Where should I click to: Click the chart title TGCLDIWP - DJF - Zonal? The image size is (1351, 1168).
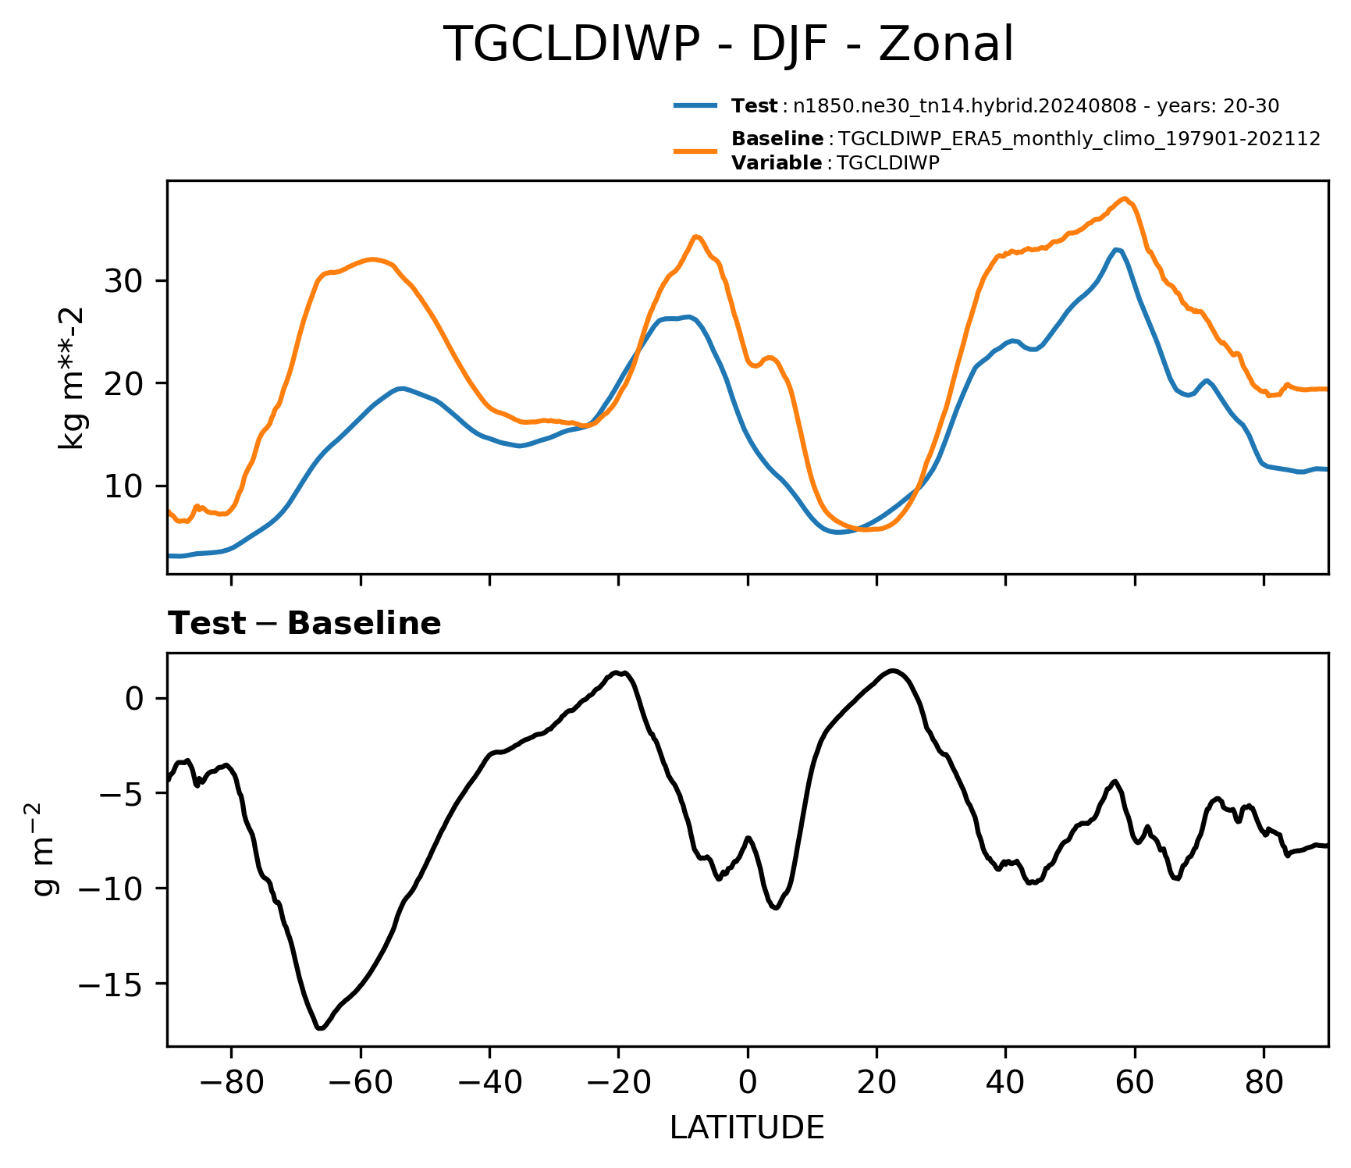click(x=728, y=45)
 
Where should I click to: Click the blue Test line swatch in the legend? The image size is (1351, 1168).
click(x=695, y=105)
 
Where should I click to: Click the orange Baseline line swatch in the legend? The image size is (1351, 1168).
click(x=695, y=151)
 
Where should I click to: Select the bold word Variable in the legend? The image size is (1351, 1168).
click(x=776, y=163)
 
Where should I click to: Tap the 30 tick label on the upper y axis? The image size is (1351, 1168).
click(x=124, y=281)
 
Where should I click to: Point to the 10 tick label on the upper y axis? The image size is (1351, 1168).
click(x=124, y=486)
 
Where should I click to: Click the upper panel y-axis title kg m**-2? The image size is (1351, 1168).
click(x=72, y=378)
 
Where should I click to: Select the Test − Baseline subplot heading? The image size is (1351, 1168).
click(x=304, y=624)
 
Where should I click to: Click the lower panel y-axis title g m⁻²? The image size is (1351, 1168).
click(x=44, y=849)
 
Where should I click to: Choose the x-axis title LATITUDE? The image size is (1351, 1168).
click(x=747, y=1128)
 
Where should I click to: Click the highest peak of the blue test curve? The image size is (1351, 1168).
click(x=1117, y=250)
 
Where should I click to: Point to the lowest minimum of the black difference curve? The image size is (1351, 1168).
click(x=320, y=1028)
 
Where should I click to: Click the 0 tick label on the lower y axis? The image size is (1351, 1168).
click(x=135, y=698)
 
